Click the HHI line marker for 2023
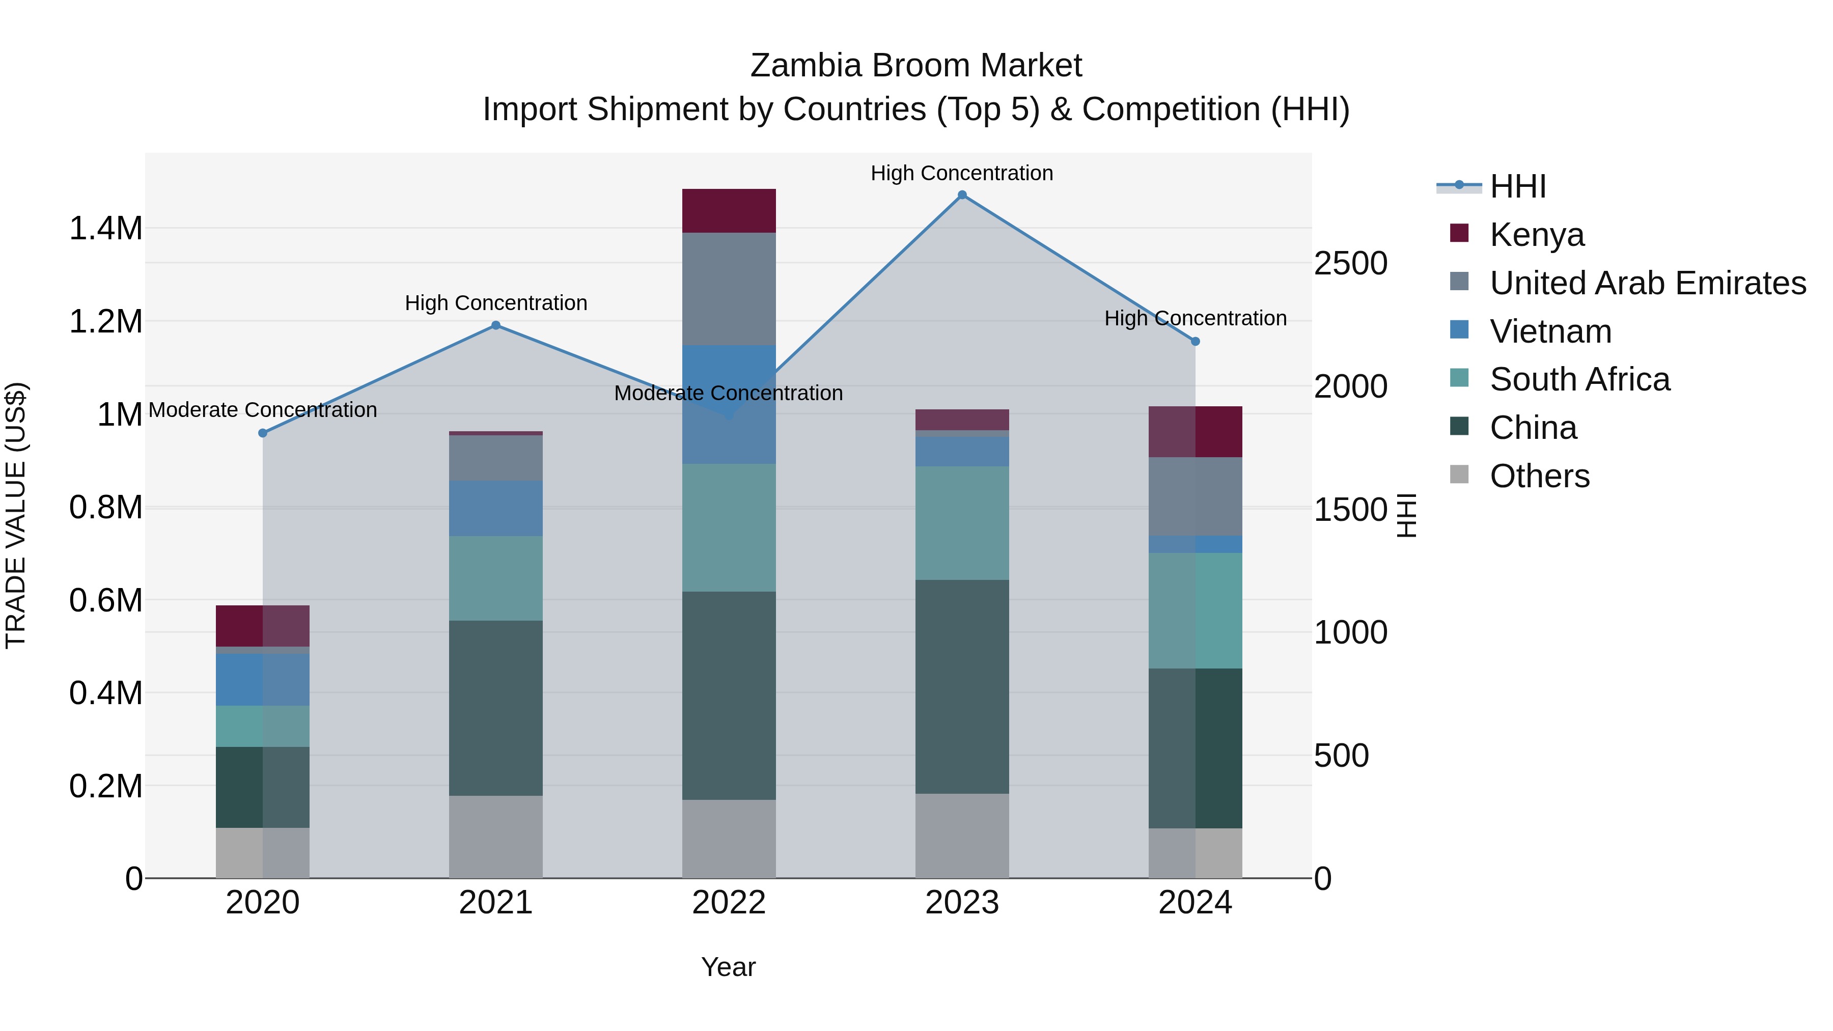point(962,195)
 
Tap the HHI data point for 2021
point(496,325)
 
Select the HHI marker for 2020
point(263,433)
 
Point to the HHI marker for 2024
point(1196,342)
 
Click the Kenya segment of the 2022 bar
point(729,211)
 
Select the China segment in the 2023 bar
point(962,687)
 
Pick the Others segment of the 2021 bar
point(496,836)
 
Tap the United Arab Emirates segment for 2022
point(729,289)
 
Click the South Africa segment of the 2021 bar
point(496,578)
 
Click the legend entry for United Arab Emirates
point(1647,283)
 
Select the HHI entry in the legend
point(1517,186)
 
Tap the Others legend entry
point(1539,476)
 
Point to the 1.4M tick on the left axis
point(106,229)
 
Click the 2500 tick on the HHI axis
point(1350,263)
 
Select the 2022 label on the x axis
point(729,903)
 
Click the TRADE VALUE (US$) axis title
point(16,515)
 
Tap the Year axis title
point(729,967)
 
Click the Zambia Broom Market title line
point(916,66)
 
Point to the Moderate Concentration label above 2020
point(263,410)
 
